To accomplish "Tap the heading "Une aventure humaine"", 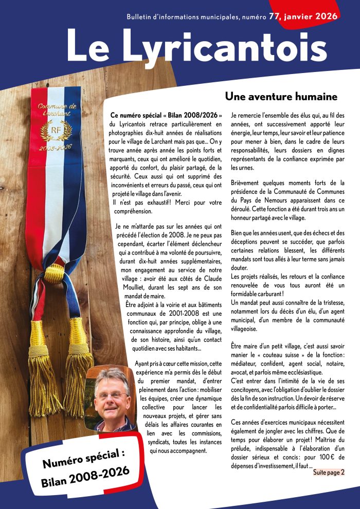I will [x=281, y=96].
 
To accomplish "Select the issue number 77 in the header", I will [x=275, y=16].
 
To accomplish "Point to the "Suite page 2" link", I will [x=329, y=471].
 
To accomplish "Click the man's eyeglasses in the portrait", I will [x=111, y=395].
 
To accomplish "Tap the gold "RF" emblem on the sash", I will [x=53, y=129].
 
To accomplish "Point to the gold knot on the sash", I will [x=53, y=272].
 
